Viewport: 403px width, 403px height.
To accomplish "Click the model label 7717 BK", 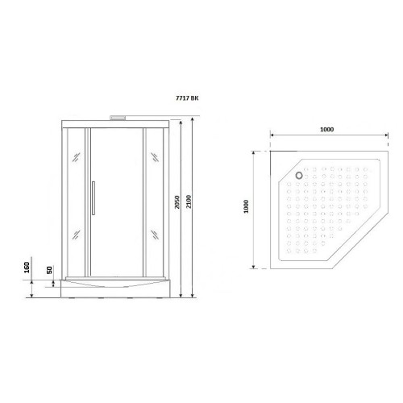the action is (x=187, y=98).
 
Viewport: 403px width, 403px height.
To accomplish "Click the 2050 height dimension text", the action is (x=177, y=202).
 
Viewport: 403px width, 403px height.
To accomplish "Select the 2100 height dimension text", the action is (x=189, y=201).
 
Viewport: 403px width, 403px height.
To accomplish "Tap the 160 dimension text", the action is (x=27, y=268).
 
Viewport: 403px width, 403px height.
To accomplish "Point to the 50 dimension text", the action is (x=50, y=270).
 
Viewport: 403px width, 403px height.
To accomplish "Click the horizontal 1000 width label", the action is (x=327, y=130).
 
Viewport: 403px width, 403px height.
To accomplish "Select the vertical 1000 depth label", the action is (x=246, y=206).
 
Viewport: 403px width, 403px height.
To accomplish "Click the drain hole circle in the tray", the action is (x=299, y=176).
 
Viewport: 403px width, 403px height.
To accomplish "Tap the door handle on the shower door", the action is (x=93, y=198).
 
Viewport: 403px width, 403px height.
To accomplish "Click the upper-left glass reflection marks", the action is (x=77, y=157).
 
